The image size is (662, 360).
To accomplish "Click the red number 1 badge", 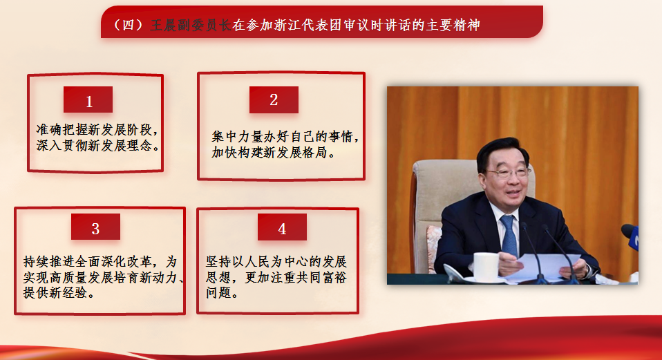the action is pyautogui.click(x=88, y=100).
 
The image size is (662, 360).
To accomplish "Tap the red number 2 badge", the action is pyautogui.click(x=274, y=100).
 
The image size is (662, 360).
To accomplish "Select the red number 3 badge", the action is pyautogui.click(x=95, y=227).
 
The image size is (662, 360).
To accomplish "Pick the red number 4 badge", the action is pyautogui.click(x=282, y=227).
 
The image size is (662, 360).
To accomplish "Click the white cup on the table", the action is pyautogui.click(x=486, y=267).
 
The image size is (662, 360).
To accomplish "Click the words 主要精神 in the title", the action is pyautogui.click(x=453, y=26).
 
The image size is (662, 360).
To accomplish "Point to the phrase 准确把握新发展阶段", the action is pyautogui.click(x=93, y=129).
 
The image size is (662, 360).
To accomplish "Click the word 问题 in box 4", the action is pyautogui.click(x=218, y=292).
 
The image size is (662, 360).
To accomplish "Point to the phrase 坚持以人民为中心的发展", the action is pyautogui.click(x=276, y=262).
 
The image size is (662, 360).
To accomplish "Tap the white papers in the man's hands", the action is pyautogui.click(x=545, y=267).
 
